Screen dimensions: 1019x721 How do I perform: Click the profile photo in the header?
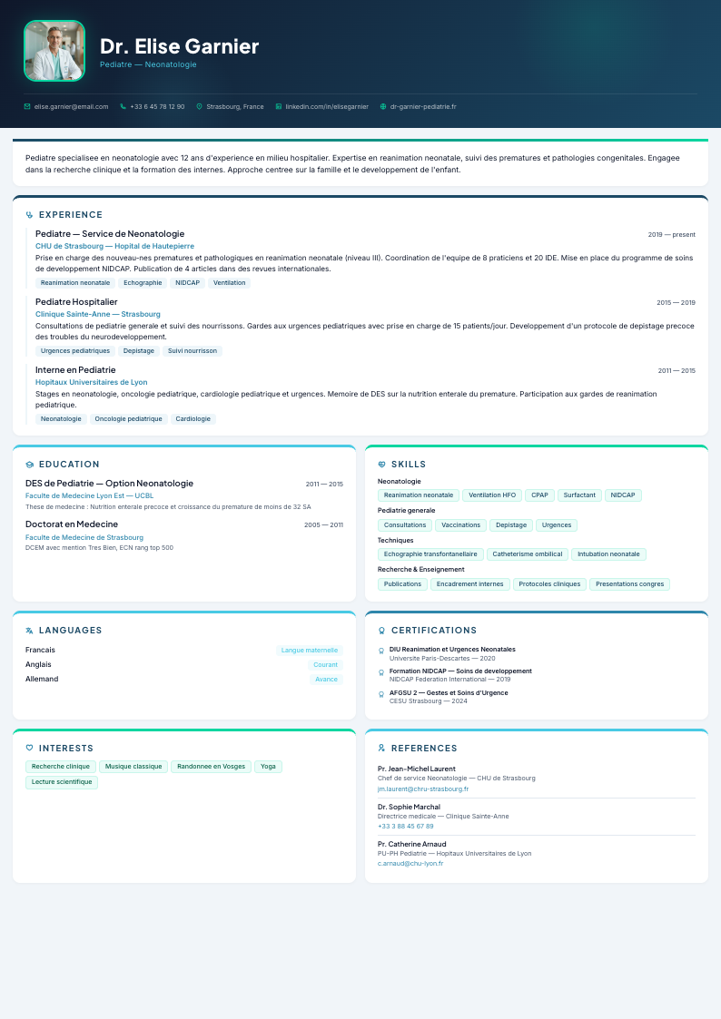point(54,51)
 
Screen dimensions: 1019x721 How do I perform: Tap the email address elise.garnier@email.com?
point(71,107)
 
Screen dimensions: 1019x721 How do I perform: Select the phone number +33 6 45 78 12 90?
point(157,107)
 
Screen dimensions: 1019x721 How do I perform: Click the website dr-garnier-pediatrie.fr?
point(423,107)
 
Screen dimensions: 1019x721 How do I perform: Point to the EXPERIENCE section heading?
point(71,215)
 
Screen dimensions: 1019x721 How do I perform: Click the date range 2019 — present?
point(671,235)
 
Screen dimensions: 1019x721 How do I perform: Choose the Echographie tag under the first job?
point(143,283)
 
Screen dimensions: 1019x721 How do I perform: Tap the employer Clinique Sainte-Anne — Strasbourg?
point(98,314)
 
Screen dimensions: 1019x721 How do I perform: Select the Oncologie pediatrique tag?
point(128,419)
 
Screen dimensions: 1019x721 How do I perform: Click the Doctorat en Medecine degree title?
point(72,524)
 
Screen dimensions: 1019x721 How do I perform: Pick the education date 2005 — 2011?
point(323,525)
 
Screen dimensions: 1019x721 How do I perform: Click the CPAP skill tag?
point(539,495)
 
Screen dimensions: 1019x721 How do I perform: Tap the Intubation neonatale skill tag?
point(608,554)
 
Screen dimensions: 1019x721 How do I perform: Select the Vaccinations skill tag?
point(460,525)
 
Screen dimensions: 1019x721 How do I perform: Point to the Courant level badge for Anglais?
point(325,665)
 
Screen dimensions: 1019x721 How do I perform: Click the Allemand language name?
point(42,679)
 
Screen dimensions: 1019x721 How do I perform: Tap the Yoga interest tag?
point(268,767)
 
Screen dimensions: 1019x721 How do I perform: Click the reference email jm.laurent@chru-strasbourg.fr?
point(423,789)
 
